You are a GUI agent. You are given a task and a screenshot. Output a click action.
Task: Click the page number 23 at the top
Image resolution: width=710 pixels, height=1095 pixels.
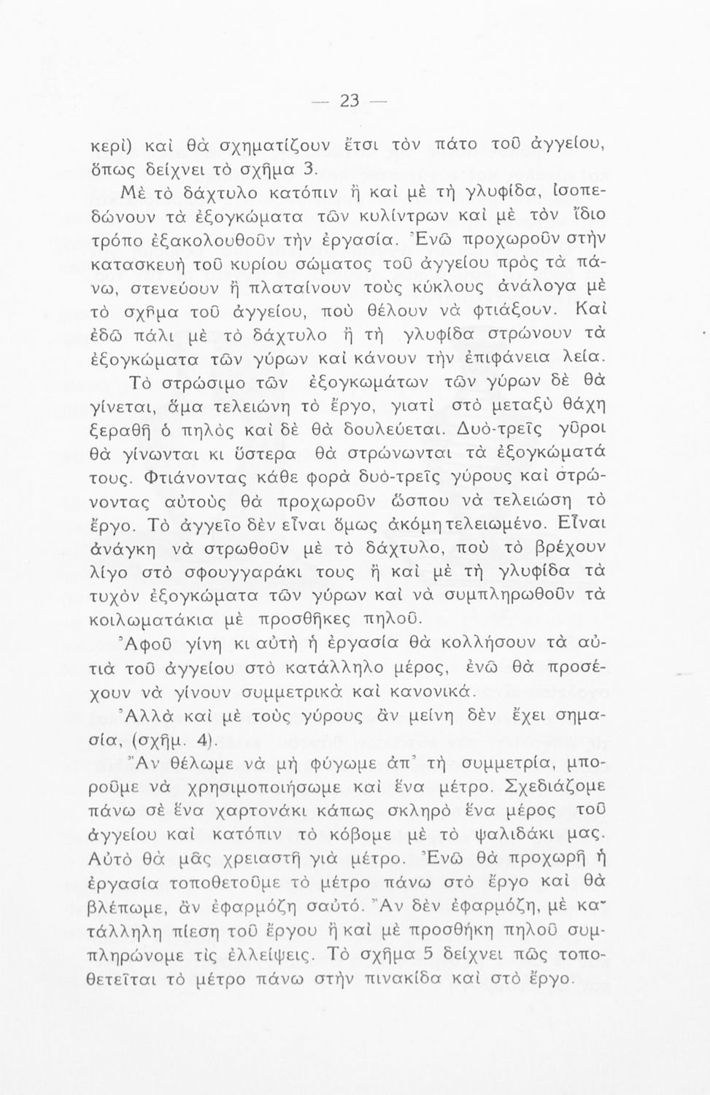(x=350, y=101)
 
